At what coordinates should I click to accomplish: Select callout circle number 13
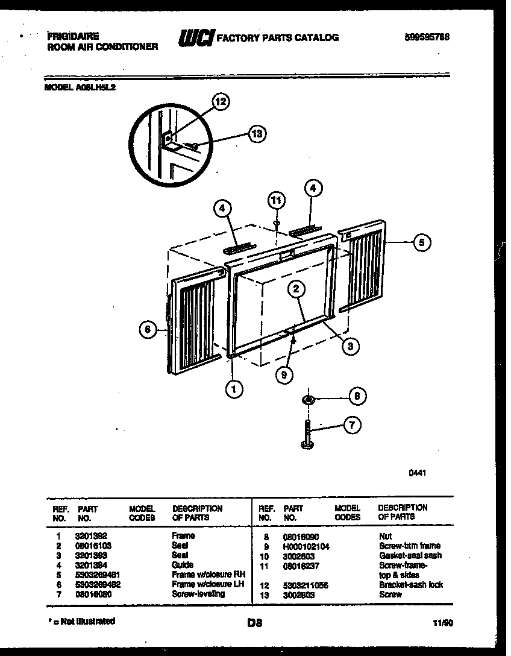click(257, 134)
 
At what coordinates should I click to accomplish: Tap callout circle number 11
click(276, 200)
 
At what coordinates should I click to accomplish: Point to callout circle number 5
click(422, 243)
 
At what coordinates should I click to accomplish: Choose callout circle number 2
click(296, 289)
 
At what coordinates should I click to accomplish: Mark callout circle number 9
click(283, 374)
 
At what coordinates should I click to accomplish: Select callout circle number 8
click(357, 396)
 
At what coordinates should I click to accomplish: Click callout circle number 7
click(352, 426)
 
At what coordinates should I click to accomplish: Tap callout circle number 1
click(234, 389)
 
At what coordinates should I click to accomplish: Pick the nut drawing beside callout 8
click(308, 400)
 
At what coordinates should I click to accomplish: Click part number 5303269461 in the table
click(97, 575)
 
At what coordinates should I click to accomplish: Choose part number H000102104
click(306, 546)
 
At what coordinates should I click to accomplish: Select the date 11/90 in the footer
click(443, 623)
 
